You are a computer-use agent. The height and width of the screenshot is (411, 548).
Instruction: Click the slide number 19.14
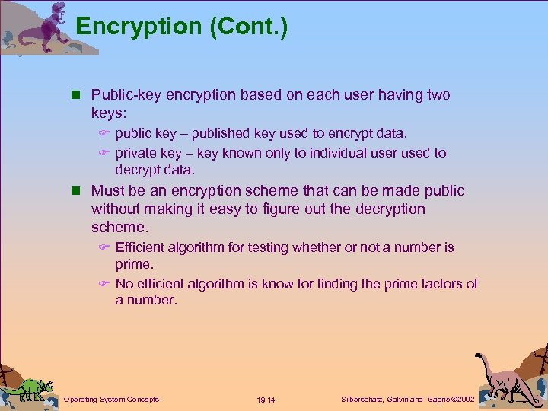point(266,400)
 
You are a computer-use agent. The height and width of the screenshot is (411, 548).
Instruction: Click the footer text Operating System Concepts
point(111,399)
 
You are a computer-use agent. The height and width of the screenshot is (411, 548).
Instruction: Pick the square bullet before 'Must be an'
point(76,191)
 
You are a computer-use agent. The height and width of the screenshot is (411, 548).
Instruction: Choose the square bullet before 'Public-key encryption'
point(76,95)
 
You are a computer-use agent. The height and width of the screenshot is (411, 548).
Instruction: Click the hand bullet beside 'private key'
point(106,153)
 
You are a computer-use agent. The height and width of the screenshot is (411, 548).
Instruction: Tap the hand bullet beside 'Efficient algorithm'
point(106,247)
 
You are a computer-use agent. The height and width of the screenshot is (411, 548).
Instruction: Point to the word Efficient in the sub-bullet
point(140,247)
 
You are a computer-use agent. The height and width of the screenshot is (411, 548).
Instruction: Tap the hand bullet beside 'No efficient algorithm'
point(106,284)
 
